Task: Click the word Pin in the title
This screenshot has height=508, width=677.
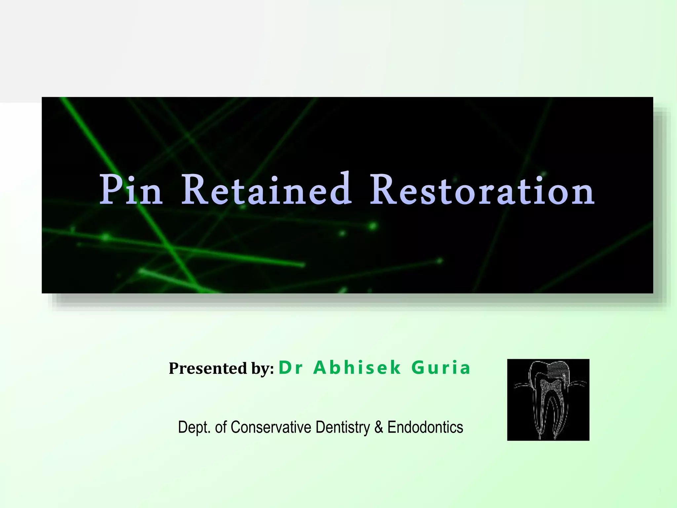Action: click(131, 190)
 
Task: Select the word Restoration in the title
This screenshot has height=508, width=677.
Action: click(482, 190)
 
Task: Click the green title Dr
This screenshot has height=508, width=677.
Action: click(291, 368)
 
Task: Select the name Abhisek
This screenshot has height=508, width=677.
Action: click(357, 367)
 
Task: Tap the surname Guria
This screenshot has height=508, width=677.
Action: click(441, 367)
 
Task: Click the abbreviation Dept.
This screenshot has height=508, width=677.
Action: click(194, 427)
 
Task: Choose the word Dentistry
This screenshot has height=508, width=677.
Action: click(342, 427)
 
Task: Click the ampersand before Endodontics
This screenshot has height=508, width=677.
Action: click(379, 427)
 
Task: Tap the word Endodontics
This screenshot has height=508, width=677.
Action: click(425, 427)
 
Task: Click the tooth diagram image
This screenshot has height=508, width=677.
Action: click(548, 400)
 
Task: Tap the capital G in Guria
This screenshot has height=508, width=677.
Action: click(418, 368)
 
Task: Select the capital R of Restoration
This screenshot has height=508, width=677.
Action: click(383, 190)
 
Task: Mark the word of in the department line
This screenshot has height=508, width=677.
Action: click(220, 427)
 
